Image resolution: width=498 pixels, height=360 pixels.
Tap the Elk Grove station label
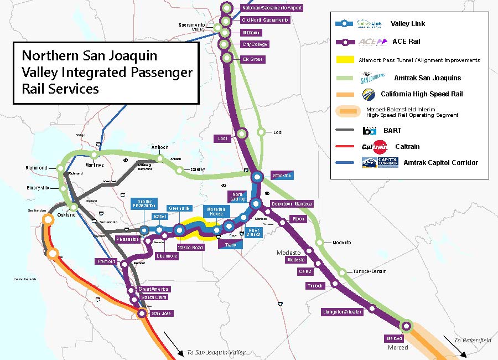(x=252, y=59)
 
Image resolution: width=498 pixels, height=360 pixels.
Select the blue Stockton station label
(x=282, y=176)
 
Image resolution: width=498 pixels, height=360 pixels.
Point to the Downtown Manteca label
(x=292, y=204)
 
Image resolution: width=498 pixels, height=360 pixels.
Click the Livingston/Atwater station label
(x=343, y=312)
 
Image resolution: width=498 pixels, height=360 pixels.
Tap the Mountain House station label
(x=216, y=212)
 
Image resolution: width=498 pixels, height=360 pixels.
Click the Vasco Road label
(x=190, y=247)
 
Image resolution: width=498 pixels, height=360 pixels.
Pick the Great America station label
(x=154, y=289)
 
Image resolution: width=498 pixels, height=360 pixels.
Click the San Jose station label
(x=162, y=313)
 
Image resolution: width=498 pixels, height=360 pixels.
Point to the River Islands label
(x=253, y=232)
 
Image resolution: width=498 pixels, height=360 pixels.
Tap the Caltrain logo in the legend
(x=375, y=147)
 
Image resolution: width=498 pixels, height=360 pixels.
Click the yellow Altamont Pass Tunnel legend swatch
(x=344, y=60)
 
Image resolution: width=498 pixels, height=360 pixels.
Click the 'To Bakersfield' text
(x=473, y=340)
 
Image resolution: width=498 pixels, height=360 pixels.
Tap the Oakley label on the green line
(x=198, y=169)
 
